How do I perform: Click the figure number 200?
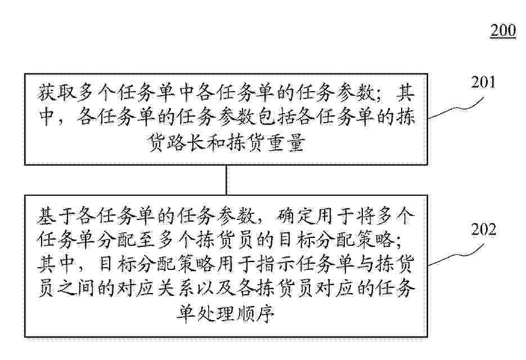503,30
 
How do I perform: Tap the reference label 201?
483,82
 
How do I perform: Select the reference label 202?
483,229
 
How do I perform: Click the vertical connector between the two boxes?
227,180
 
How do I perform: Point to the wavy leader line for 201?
456,108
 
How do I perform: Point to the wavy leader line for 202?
456,255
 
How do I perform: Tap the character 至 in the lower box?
146,241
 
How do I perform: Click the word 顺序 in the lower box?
255,314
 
